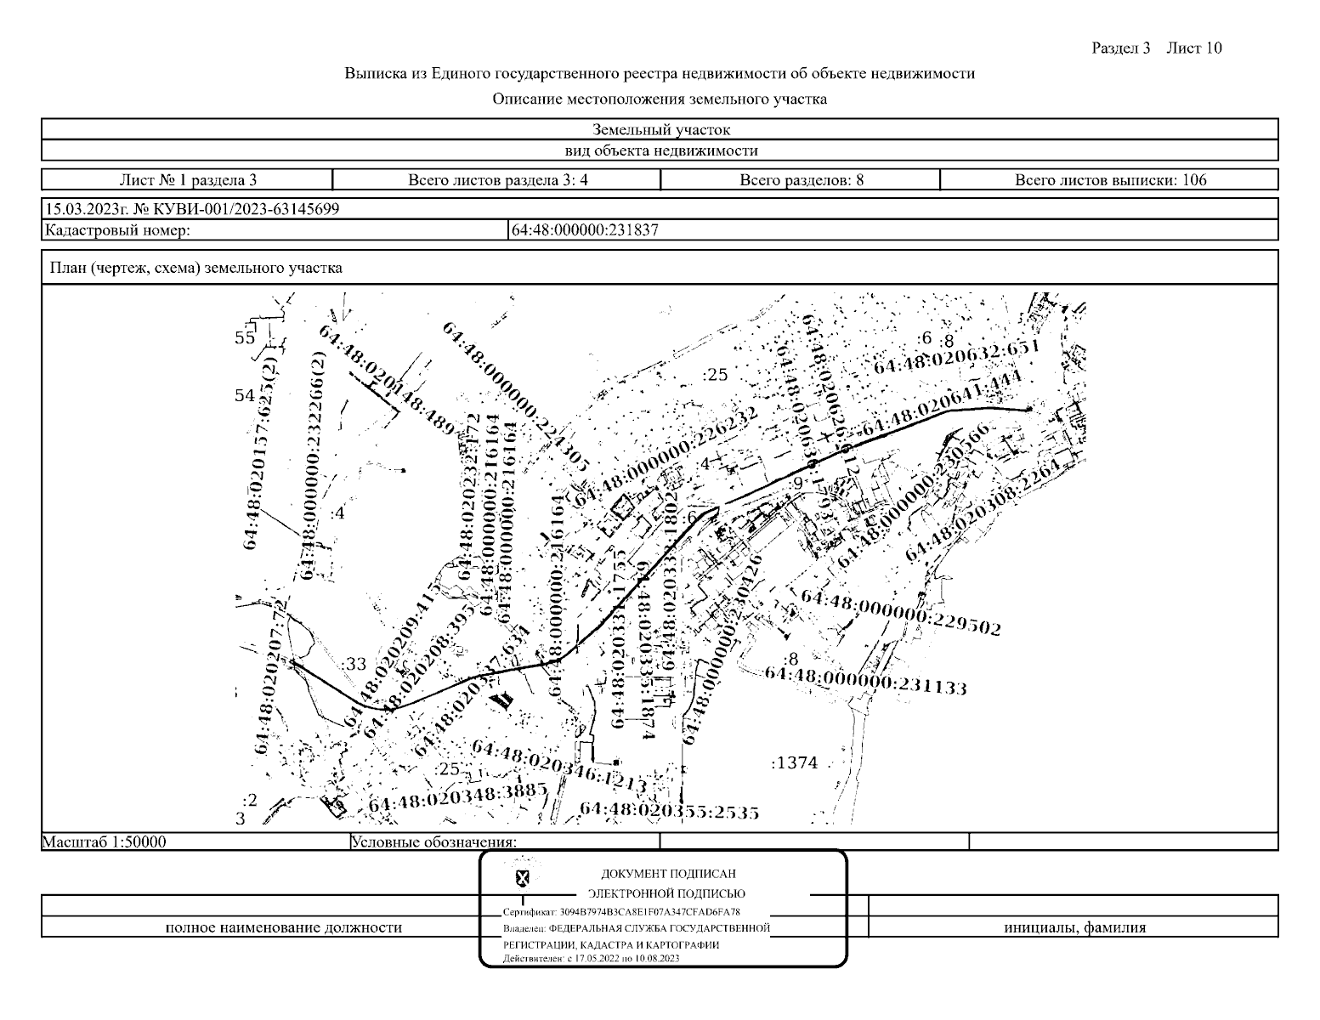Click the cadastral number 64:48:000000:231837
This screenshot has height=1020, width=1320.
tap(585, 229)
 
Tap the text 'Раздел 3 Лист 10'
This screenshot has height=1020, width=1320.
tap(1157, 48)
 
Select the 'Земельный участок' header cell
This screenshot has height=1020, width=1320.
tap(660, 130)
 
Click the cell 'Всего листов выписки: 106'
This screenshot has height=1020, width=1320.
tap(1110, 180)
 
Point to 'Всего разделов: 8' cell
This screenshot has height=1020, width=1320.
tap(802, 180)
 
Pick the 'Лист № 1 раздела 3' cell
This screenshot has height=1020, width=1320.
tap(188, 180)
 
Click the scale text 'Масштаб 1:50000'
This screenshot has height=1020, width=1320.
tap(105, 842)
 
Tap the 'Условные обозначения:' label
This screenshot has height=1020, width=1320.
tap(433, 842)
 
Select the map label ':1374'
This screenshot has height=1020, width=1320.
tap(794, 763)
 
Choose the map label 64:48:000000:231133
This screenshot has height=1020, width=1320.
tap(865, 679)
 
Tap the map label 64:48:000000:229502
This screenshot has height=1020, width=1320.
tap(901, 612)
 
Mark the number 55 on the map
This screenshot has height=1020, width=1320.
tap(245, 338)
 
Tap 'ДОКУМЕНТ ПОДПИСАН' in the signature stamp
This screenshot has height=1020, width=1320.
tap(668, 874)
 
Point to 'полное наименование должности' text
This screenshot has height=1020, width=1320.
tap(283, 927)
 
